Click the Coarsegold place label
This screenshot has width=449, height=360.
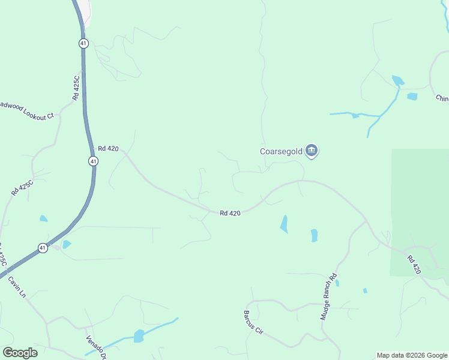click(x=281, y=151)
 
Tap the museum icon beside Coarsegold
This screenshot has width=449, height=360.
click(x=311, y=151)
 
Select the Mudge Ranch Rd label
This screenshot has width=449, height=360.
click(x=329, y=296)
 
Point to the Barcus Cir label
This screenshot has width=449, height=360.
click(x=253, y=322)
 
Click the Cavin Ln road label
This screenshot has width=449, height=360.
click(x=17, y=287)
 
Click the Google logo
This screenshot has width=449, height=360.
click(x=20, y=353)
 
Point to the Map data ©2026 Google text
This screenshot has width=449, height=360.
click(x=412, y=355)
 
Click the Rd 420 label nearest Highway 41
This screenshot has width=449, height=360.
click(x=108, y=148)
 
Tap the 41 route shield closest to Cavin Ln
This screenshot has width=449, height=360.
click(x=43, y=247)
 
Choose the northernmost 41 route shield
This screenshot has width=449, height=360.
click(x=83, y=43)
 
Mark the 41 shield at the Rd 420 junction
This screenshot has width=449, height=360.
click(x=92, y=161)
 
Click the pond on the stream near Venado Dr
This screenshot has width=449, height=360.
click(x=139, y=336)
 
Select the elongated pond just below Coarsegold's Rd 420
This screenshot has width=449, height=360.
click(x=283, y=224)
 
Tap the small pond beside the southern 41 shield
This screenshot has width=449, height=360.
click(x=66, y=244)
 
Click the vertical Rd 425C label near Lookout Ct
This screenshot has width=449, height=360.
click(x=76, y=88)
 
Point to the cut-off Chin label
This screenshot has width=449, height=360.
click(x=442, y=98)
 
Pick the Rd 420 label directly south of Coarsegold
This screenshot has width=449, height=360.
click(x=230, y=213)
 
